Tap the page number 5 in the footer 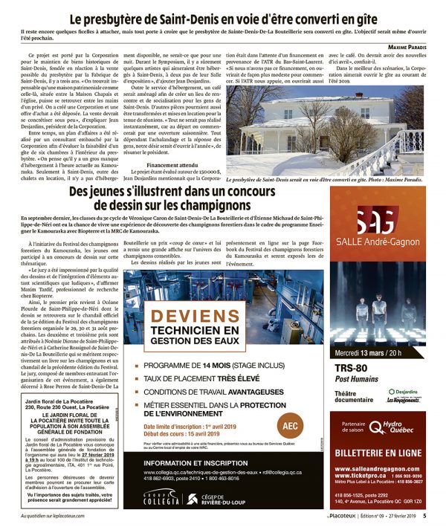[424, 515]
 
